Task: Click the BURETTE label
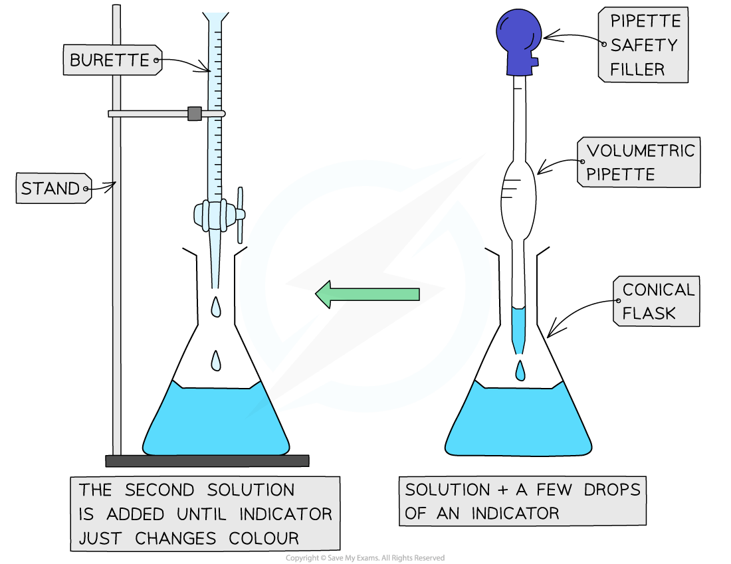(x=110, y=60)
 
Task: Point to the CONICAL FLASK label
(x=658, y=302)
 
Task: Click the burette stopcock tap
(x=219, y=215)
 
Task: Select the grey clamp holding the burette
(x=194, y=114)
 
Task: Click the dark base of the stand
(x=207, y=460)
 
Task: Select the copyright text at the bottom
(x=365, y=558)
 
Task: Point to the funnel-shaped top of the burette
(x=214, y=23)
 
